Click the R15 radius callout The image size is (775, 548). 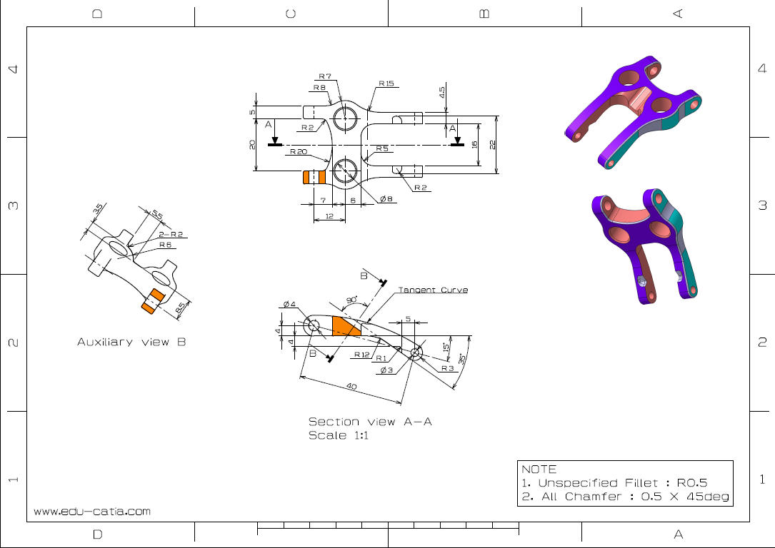[x=386, y=83]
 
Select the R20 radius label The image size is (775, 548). [x=298, y=152]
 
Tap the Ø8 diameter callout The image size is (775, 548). [x=386, y=198]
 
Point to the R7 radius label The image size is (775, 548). [x=325, y=76]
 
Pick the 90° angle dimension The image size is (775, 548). [x=351, y=300]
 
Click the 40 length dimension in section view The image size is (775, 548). [x=351, y=386]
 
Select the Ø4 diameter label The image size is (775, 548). [x=289, y=305]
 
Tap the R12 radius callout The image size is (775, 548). [x=361, y=355]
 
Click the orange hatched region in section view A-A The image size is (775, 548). [x=346, y=327]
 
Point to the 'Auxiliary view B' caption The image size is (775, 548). [x=131, y=342]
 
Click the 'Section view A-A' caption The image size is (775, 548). [x=370, y=422]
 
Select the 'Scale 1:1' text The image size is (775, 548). [x=338, y=435]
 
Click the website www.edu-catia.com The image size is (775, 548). [x=92, y=512]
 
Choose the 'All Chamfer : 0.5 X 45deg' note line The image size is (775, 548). [x=625, y=497]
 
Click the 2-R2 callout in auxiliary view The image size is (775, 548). [x=171, y=234]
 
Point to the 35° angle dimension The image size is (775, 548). [x=462, y=357]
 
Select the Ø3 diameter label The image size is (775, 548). [x=386, y=370]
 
